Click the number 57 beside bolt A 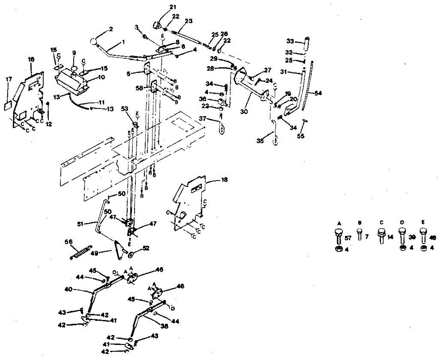point(348,238)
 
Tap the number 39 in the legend point(412,238)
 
